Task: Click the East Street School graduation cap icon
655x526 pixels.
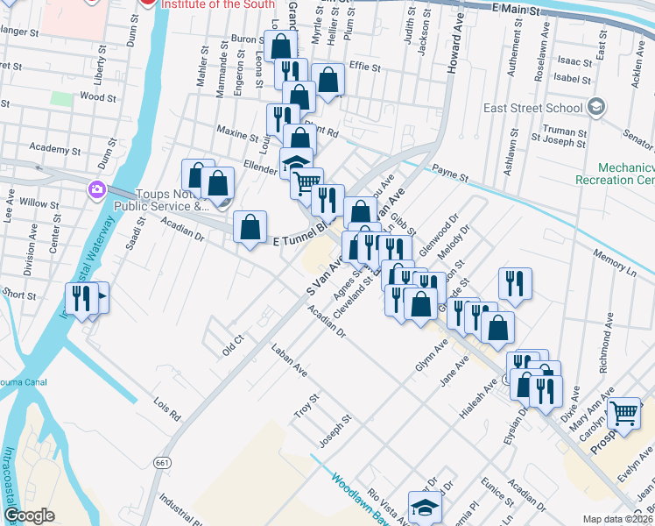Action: (x=596, y=107)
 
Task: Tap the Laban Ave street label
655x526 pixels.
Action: (x=290, y=359)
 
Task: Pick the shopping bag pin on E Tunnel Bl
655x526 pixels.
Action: (x=250, y=227)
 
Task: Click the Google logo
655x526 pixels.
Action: (x=29, y=515)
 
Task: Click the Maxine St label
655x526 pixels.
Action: (x=232, y=132)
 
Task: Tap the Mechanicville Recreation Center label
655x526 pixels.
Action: (x=613, y=173)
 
